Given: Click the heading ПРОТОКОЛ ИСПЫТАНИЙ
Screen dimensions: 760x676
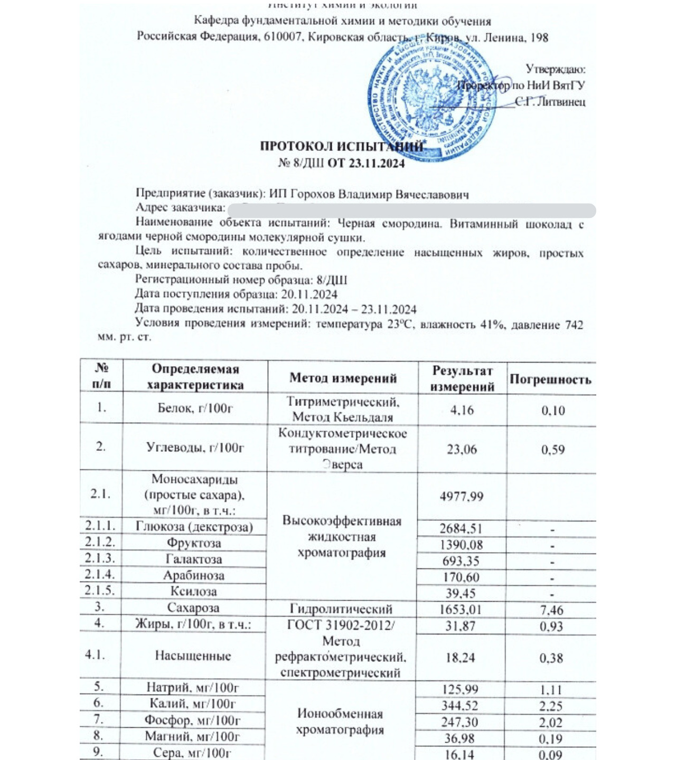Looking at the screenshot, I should tap(341, 147).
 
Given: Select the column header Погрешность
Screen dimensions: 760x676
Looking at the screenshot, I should tap(550, 379).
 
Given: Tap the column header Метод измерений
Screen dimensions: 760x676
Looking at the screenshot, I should tap(343, 378).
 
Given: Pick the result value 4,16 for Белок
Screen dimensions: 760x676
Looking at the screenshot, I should tap(462, 410).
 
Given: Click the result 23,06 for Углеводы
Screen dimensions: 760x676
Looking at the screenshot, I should tap(462, 449).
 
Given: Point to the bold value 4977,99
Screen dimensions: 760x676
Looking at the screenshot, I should tap(462, 496).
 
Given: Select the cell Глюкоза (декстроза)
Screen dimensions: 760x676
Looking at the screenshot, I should tap(194, 527).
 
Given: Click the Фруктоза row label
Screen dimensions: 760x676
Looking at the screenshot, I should tap(194, 543).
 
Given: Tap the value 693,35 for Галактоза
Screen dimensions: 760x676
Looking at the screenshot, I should tap(462, 560).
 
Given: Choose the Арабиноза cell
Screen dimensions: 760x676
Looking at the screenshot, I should tap(194, 575).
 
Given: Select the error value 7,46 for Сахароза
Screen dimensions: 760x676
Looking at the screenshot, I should tap(551, 610).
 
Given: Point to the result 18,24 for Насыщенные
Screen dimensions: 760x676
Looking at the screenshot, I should tap(462, 658).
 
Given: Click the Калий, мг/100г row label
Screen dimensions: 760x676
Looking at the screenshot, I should tap(193, 704).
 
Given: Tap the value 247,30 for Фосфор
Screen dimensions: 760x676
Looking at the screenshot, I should tap(462, 722).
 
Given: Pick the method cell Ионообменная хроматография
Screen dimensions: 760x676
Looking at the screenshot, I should tap(340, 722).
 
